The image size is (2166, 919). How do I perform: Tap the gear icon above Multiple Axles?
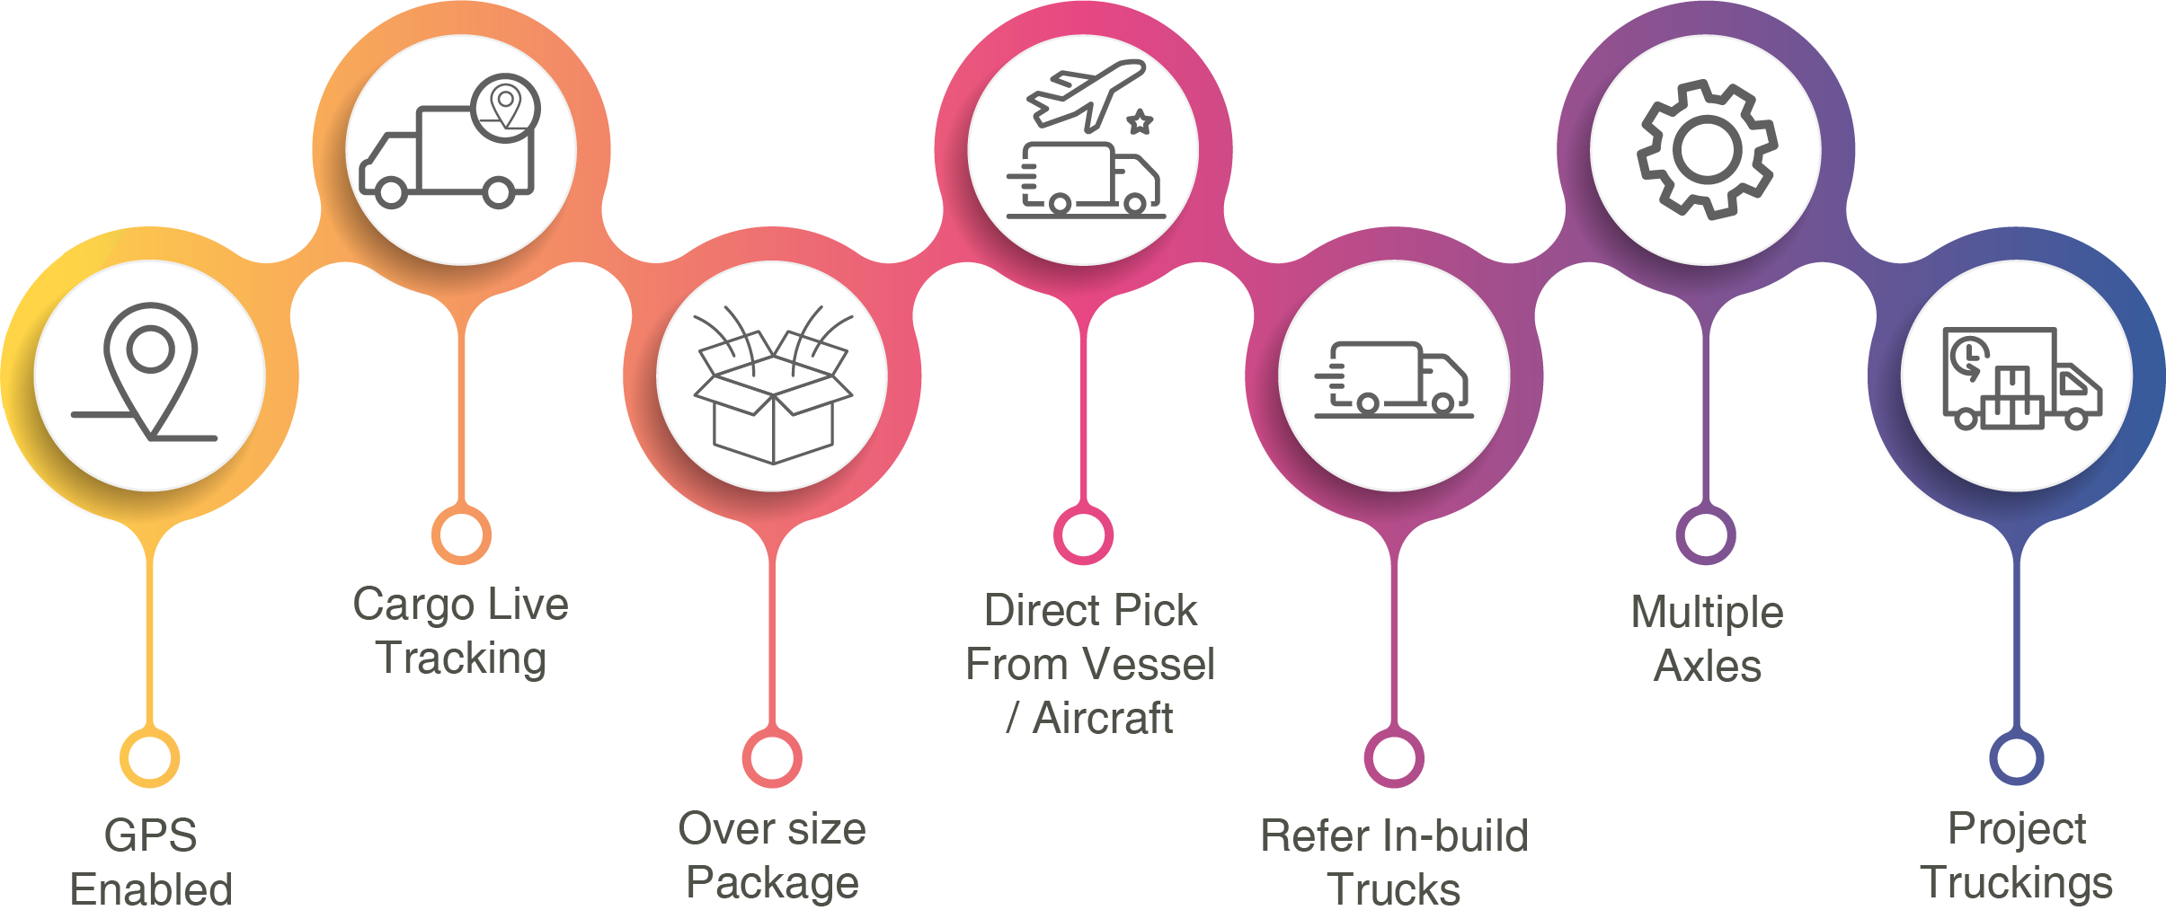tap(1706, 149)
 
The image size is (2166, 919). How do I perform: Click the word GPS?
tap(150, 835)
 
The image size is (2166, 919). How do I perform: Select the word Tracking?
tap(461, 658)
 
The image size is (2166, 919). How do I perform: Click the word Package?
tap(772, 882)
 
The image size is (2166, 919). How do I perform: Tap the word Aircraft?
tap(1102, 719)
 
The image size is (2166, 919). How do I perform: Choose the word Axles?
tap(1707, 667)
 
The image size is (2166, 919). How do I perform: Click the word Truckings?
tap(2016, 882)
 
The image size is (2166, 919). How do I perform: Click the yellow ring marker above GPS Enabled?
tap(150, 758)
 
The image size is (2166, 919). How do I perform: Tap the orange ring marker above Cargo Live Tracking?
tap(461, 535)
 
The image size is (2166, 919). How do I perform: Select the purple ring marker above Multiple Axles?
tap(1705, 535)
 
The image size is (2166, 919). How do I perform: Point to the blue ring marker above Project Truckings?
tap(2016, 758)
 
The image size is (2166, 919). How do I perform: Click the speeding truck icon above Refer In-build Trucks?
tap(1394, 379)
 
